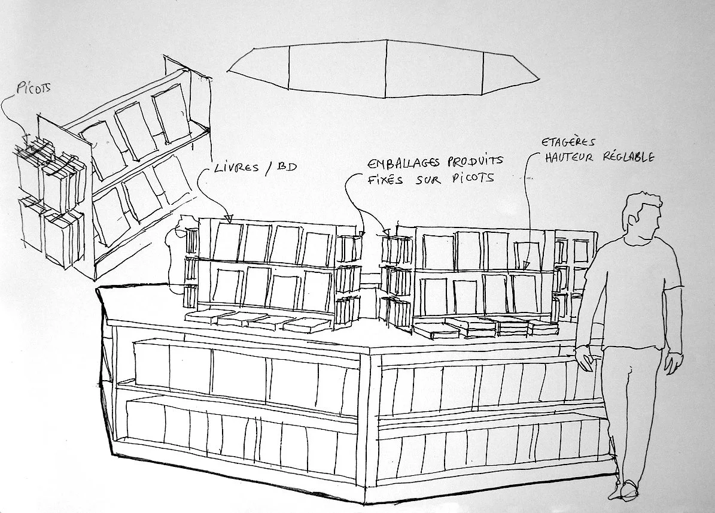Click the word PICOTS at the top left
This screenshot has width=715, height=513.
pos(34,89)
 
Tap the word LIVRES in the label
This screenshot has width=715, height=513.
pos(235,169)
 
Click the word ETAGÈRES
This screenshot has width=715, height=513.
pos(568,143)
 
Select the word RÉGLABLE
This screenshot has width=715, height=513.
pos(628,157)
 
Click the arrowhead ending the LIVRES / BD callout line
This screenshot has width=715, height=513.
pos(228,218)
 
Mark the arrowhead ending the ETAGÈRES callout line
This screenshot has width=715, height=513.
pos(526,264)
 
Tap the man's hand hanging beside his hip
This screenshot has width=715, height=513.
pos(674,362)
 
